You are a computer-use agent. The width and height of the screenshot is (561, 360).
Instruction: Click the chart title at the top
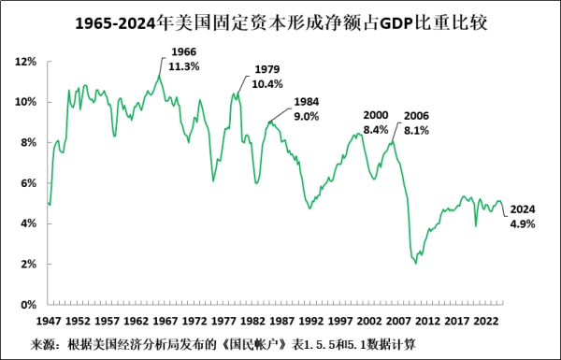click(x=280, y=21)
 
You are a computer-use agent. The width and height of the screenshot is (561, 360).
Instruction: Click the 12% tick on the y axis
click(x=24, y=62)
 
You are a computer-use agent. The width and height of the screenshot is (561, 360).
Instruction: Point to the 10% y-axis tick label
click(x=24, y=102)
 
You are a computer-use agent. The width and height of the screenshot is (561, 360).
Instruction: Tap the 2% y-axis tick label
click(x=27, y=264)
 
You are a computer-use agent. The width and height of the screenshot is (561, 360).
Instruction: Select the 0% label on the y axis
click(x=27, y=304)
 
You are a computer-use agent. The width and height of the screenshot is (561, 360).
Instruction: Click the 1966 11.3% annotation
click(x=184, y=58)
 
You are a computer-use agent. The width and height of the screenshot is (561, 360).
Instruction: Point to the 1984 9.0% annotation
click(x=307, y=108)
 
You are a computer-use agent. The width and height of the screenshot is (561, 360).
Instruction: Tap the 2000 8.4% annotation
click(x=376, y=122)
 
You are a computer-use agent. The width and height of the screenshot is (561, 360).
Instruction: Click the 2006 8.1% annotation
click(x=416, y=122)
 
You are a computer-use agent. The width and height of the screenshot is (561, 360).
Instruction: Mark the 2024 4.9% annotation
click(x=524, y=216)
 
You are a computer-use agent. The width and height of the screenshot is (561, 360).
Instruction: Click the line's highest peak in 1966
click(x=160, y=77)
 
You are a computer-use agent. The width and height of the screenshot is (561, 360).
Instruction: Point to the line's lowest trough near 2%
click(x=416, y=263)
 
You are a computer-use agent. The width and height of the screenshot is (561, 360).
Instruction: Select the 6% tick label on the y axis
click(x=27, y=183)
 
